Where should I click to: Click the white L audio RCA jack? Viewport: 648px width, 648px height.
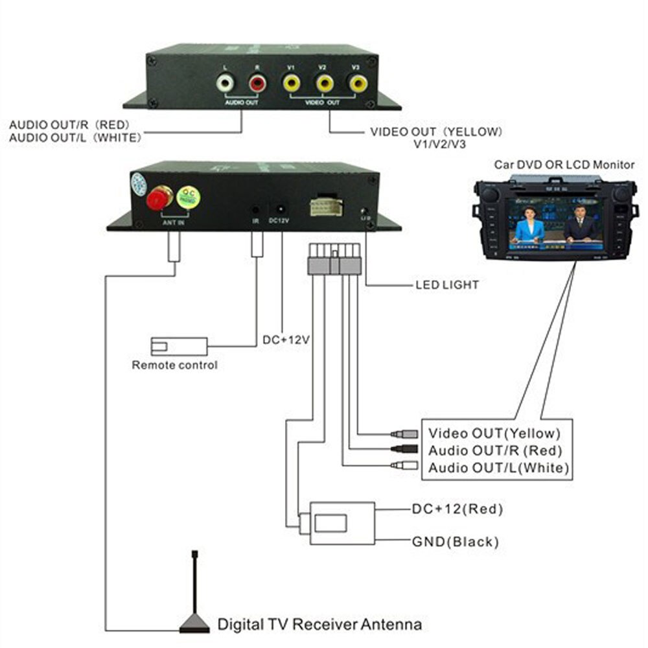[225, 83]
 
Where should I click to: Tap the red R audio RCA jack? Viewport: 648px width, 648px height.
[257, 83]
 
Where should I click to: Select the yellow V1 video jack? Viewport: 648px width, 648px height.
[292, 83]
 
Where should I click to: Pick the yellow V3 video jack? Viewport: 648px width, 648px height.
[356, 83]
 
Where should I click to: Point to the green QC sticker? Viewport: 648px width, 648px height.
[189, 196]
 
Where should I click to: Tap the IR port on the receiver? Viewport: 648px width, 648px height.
[257, 210]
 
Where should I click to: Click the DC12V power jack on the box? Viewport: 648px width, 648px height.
[281, 210]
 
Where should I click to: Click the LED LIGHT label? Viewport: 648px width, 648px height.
[447, 284]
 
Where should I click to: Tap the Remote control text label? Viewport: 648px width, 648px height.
[174, 365]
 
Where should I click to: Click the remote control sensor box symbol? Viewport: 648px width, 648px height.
[178, 346]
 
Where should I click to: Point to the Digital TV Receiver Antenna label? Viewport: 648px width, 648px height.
[319, 625]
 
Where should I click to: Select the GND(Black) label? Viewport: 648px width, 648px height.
[456, 541]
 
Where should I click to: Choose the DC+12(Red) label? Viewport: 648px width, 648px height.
[457, 509]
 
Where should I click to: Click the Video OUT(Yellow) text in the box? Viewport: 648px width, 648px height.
[494, 433]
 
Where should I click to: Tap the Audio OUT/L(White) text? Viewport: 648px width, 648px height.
[498, 468]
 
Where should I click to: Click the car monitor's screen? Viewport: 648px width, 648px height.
[554, 227]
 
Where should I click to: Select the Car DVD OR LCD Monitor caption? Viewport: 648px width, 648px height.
[564, 165]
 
